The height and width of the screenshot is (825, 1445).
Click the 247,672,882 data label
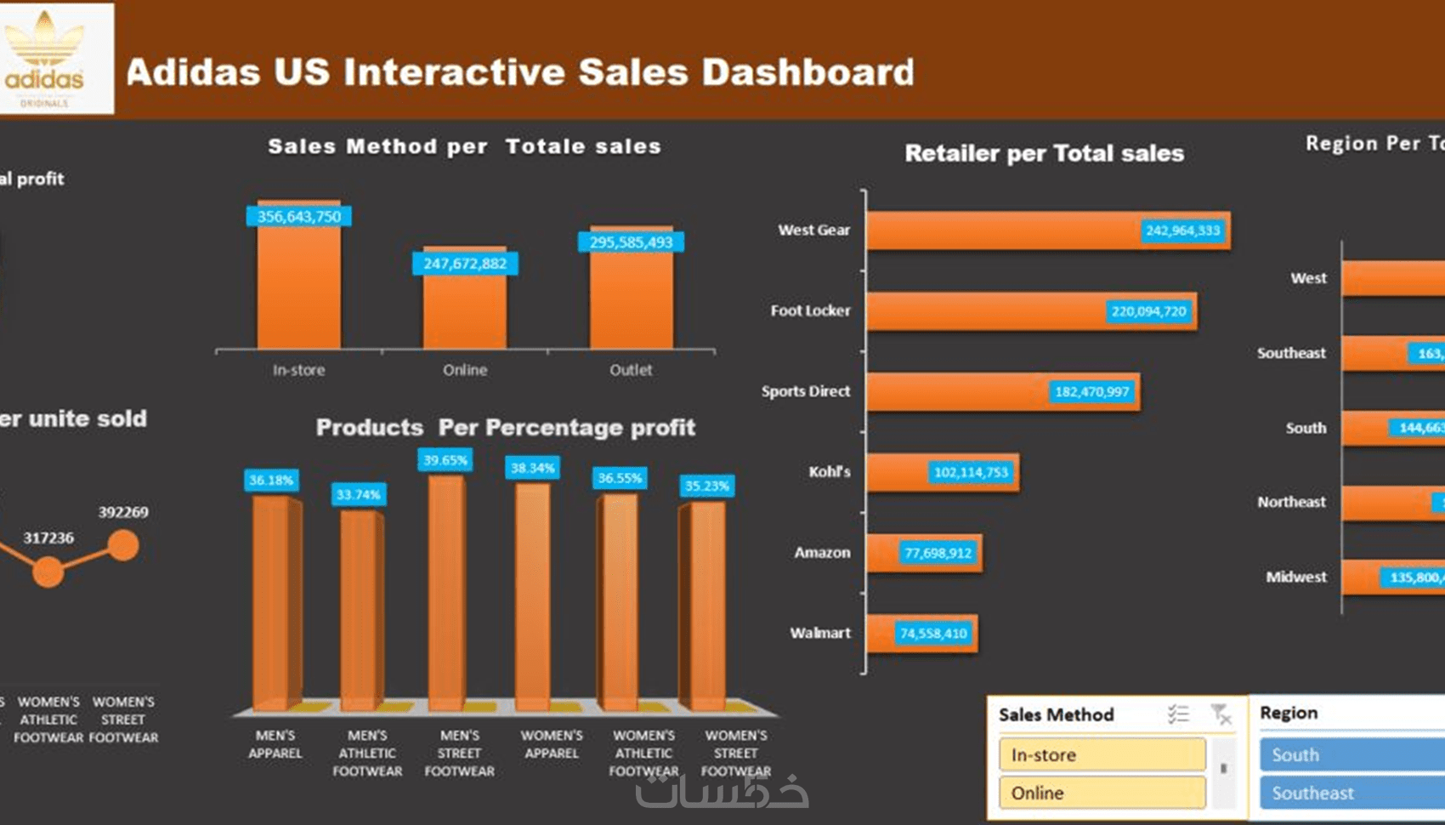[465, 264]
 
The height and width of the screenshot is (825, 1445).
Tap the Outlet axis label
[631, 370]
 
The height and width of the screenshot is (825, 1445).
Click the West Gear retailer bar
[1003, 230]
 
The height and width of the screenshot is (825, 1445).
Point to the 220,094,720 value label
[1148, 311]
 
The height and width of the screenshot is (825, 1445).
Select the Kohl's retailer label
[829, 472]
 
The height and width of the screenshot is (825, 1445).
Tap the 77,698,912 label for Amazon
[938, 553]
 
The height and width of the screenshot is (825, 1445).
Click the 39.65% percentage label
[445, 460]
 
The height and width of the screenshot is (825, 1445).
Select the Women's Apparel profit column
[533, 595]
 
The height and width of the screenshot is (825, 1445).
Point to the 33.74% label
[358, 494]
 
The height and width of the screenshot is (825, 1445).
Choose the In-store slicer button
[1102, 754]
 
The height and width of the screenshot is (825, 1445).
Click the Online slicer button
[1102, 793]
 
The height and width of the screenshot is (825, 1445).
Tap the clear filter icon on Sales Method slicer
[1221, 714]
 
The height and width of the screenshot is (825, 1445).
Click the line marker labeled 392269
[123, 545]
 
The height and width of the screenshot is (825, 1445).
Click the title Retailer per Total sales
[1044, 153]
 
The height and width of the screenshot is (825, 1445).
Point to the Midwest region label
[1295, 577]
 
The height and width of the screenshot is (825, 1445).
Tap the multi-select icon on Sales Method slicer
[1178, 714]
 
